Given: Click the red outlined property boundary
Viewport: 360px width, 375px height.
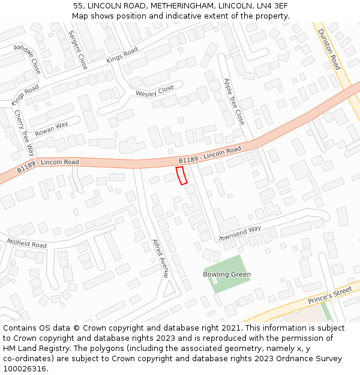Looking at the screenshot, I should (x=181, y=176).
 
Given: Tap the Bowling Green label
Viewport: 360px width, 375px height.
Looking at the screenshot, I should (x=227, y=274).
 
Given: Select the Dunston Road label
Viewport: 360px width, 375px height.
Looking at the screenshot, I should (x=329, y=49).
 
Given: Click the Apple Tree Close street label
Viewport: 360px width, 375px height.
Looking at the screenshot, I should (x=234, y=101).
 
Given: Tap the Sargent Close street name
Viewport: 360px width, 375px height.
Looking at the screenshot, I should (x=78, y=50).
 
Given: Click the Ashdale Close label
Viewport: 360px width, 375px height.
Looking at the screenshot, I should (x=28, y=59).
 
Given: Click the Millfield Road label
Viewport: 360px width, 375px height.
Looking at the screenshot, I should (x=26, y=244).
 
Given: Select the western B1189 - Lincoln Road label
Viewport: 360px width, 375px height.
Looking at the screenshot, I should (x=48, y=166).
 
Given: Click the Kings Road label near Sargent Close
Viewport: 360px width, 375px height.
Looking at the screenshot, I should (x=122, y=55).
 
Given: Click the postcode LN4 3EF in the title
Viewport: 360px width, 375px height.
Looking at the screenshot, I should (x=267, y=5).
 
